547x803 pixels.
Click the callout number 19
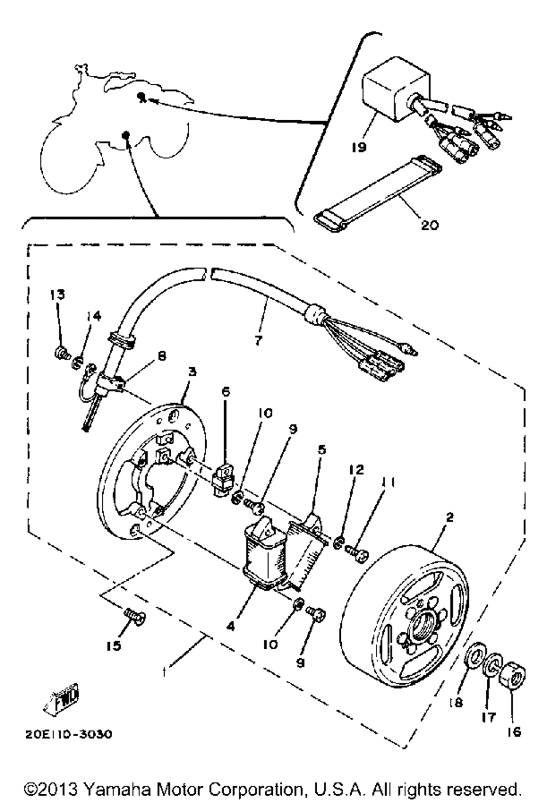pos(359,147)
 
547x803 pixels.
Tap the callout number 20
pos(429,224)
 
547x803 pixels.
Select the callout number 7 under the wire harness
pos(258,340)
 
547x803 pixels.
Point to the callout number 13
pos(57,295)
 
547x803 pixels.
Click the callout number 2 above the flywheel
pos(449,516)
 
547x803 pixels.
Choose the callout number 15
pos(113,646)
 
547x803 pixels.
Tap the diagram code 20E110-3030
pos(68,734)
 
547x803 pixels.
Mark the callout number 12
pos(359,470)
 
